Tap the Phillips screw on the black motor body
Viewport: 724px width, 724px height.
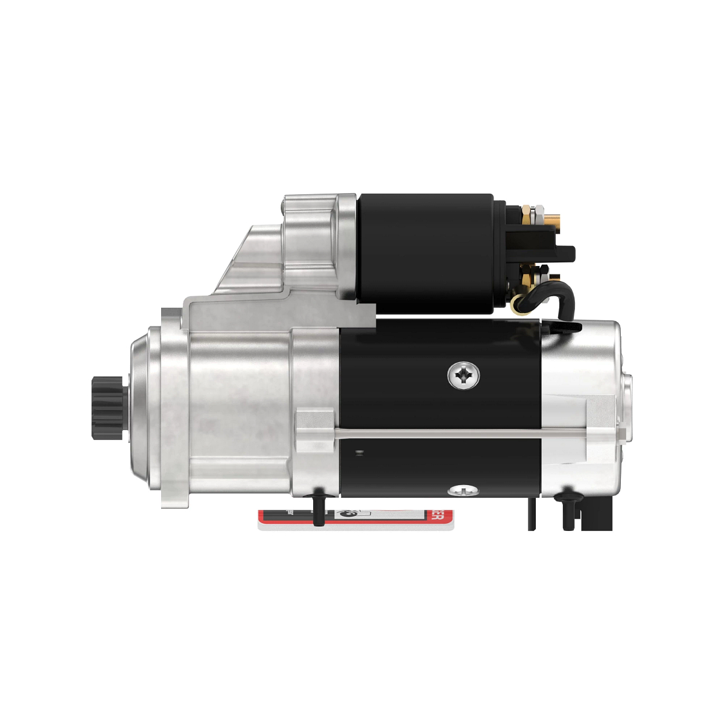tap(463, 376)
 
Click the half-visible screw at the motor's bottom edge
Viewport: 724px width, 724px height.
tap(463, 489)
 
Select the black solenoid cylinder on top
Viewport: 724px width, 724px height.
tap(425, 253)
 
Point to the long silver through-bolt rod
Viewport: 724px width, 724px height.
tap(459, 431)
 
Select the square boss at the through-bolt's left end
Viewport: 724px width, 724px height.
tap(314, 430)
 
